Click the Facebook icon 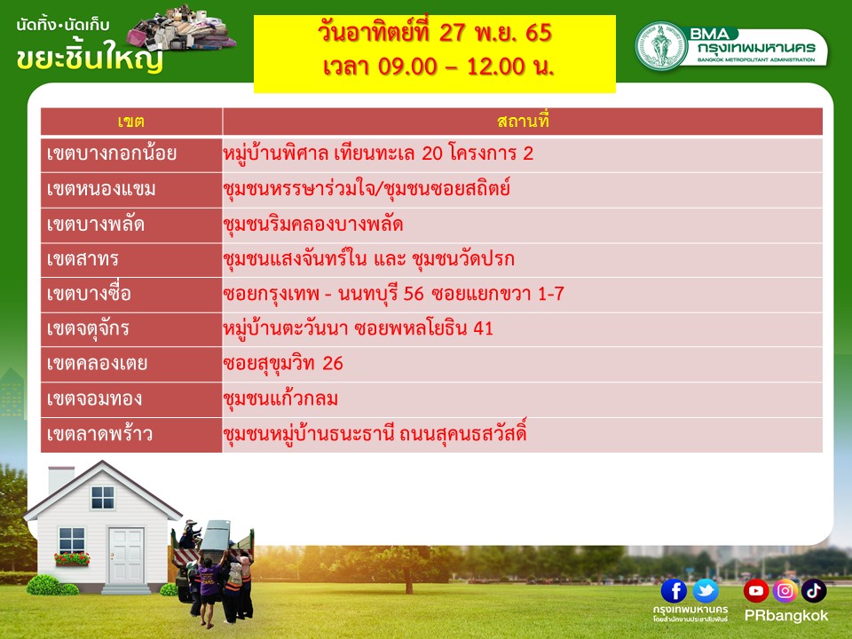click(674, 591)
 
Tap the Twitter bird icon click(706, 591)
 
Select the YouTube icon click(756, 591)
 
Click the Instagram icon click(785, 591)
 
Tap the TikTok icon click(814, 591)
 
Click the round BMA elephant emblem click(661, 45)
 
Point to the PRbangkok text click(785, 616)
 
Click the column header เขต click(131, 122)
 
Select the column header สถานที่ click(523, 120)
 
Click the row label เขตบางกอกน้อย click(112, 154)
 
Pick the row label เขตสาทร click(83, 259)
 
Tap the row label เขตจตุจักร click(88, 329)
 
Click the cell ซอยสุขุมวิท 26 click(283, 364)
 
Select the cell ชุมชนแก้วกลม click(280, 398)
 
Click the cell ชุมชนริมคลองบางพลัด click(313, 225)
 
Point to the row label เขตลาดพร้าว click(99, 434)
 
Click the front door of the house click(126, 556)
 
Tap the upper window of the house click(103, 498)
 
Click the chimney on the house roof click(61, 480)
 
